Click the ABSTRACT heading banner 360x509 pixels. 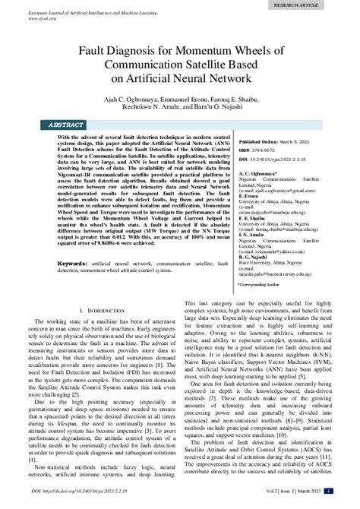pos(66,124)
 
